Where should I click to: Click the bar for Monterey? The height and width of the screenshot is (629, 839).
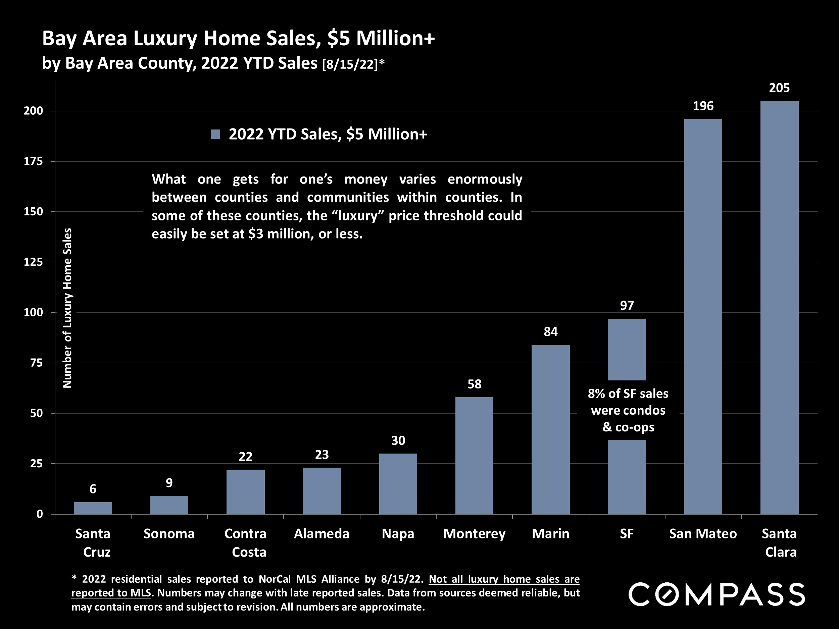[474, 455]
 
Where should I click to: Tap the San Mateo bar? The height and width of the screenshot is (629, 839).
[703, 317]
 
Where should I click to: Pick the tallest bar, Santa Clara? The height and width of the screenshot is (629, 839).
[780, 307]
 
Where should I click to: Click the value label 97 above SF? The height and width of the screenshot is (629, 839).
[627, 306]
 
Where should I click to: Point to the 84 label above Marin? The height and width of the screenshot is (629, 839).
[550, 332]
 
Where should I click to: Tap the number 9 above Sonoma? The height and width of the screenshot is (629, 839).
[169, 483]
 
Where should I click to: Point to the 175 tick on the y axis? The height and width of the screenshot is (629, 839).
[33, 161]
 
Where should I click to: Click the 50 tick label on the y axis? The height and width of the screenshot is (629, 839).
[36, 413]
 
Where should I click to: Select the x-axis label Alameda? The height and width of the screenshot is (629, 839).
[321, 534]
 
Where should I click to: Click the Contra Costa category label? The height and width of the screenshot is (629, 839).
[245, 542]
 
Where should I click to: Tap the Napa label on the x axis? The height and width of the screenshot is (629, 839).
[398, 534]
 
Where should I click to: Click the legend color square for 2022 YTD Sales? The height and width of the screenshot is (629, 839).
[215, 134]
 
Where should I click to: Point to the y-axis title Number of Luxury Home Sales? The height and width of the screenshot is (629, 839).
[67, 308]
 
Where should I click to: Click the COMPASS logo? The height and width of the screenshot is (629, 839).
[717, 594]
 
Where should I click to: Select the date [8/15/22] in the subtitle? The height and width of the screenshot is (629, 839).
[350, 64]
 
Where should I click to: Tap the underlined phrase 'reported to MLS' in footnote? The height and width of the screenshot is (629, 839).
[111, 593]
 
